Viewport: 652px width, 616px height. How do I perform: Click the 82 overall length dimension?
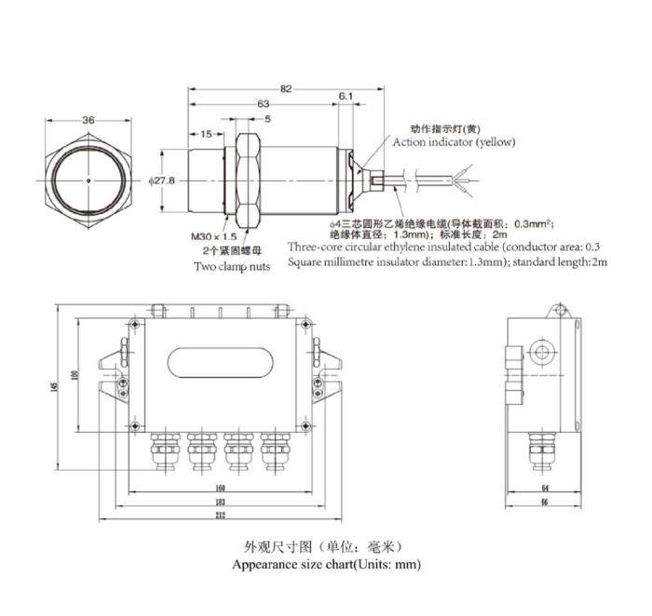pos(286,89)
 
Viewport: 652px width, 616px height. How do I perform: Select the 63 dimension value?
pos(264,104)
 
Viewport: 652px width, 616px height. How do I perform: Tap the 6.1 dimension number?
pos(346,97)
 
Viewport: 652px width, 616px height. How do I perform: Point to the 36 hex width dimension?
pos(88,120)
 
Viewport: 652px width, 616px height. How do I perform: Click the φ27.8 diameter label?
pos(162,181)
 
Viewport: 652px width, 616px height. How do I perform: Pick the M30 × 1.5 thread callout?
pos(213,236)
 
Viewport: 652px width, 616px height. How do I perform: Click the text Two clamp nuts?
pos(232,266)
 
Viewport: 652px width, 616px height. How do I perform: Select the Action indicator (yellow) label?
pos(455,142)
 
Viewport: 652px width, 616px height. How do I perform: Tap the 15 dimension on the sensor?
pos(206,134)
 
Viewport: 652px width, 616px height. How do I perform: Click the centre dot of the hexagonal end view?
pos(88,181)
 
